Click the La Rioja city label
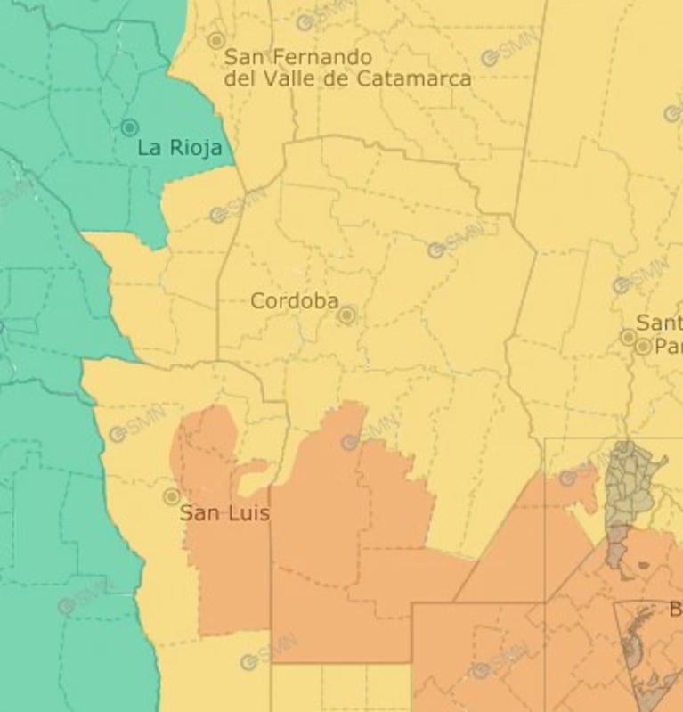(179, 148)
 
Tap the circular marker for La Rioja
(129, 127)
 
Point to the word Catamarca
(413, 78)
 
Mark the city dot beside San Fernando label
(215, 40)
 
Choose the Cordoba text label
(294, 301)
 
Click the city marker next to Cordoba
(347, 315)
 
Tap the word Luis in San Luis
(249, 513)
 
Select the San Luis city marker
(172, 496)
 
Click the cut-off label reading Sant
(659, 323)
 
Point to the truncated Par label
(668, 346)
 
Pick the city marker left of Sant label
(629, 337)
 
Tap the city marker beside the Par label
(643, 346)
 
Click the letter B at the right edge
(675, 610)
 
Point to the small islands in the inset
(644, 564)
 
